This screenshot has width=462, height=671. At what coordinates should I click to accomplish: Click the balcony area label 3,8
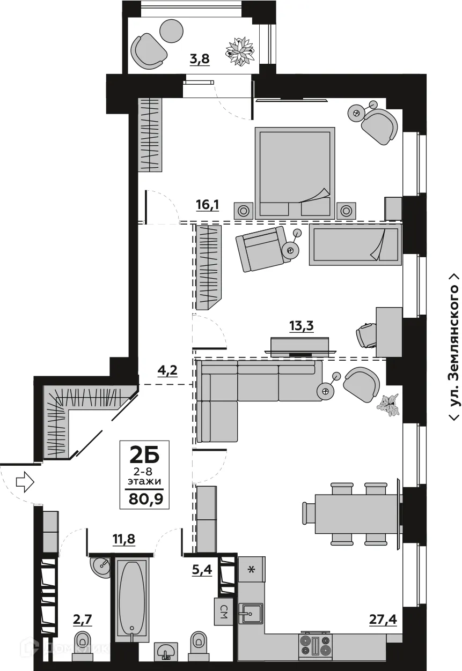tap(199, 59)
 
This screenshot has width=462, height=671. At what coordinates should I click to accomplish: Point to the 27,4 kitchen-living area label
tap(383, 620)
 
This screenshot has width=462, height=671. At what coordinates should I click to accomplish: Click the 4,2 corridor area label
tap(153, 370)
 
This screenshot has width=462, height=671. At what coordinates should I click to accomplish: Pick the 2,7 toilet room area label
tap(83, 621)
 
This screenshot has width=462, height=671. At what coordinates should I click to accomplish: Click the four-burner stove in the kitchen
tap(316, 645)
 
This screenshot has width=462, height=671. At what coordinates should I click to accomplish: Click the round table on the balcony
tap(172, 31)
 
